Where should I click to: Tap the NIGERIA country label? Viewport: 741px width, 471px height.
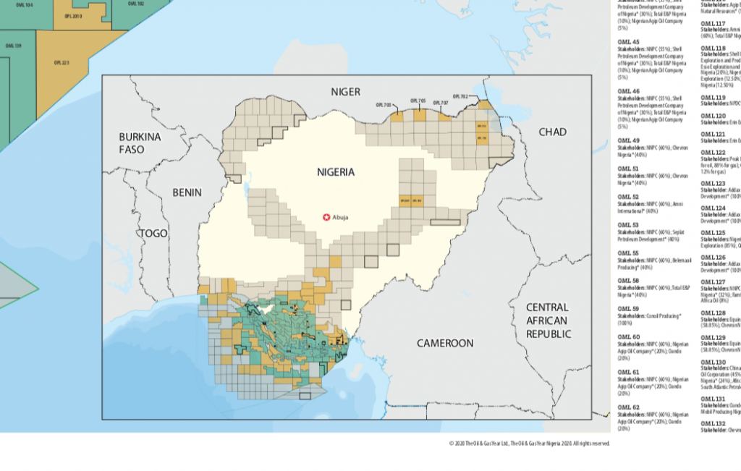(x=336, y=172)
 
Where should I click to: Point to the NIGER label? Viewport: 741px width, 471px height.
(x=345, y=91)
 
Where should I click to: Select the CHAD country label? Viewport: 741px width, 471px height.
(x=552, y=132)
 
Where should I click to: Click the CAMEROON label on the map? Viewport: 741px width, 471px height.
(x=445, y=343)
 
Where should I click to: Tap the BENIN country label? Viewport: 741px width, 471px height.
(x=187, y=192)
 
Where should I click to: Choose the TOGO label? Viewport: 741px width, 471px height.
(x=153, y=233)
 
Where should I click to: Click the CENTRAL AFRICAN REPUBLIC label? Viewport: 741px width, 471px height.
(x=548, y=321)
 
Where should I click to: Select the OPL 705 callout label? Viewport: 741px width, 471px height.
(x=418, y=101)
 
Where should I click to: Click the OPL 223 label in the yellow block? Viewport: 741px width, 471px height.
(x=62, y=63)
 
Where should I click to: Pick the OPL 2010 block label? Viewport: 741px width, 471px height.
(x=72, y=15)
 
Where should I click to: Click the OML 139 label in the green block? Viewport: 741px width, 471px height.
(x=13, y=46)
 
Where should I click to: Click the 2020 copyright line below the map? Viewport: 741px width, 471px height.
(x=529, y=443)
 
